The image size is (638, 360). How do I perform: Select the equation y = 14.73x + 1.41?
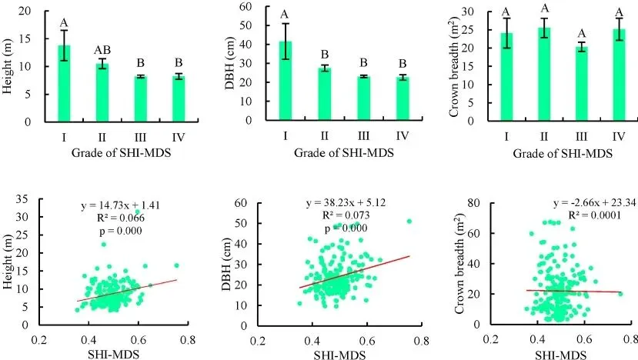[x=121, y=206]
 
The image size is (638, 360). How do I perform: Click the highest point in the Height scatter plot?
[x=138, y=212]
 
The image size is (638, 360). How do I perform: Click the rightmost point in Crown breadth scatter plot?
[x=620, y=294]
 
